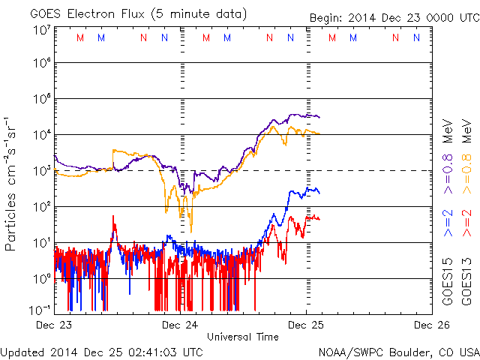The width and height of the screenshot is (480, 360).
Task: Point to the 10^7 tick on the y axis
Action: [41, 30]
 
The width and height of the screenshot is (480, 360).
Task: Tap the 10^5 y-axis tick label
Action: [41, 100]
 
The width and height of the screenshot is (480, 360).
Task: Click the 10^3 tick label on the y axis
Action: [41, 171]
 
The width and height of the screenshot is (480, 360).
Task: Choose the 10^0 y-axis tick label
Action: [41, 279]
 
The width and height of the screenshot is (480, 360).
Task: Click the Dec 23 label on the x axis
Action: [55, 325]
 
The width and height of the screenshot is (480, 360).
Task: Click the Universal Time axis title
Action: [243, 337]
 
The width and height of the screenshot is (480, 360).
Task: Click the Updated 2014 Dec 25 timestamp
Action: [101, 351]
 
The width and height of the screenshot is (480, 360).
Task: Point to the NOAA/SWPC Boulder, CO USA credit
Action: [397, 351]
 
